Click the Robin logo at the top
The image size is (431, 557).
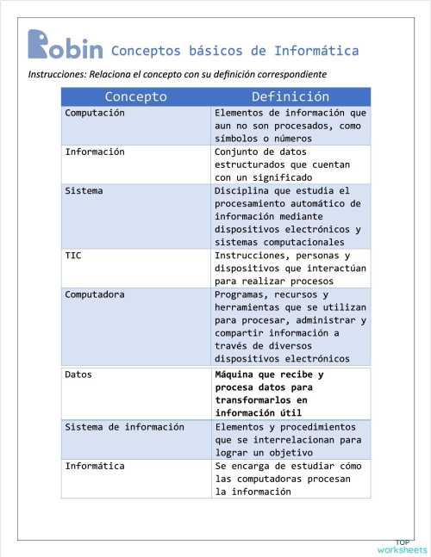[65, 46]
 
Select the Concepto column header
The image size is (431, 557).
[136, 96]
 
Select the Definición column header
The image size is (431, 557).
[290, 96]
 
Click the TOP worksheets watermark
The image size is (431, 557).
[401, 547]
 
